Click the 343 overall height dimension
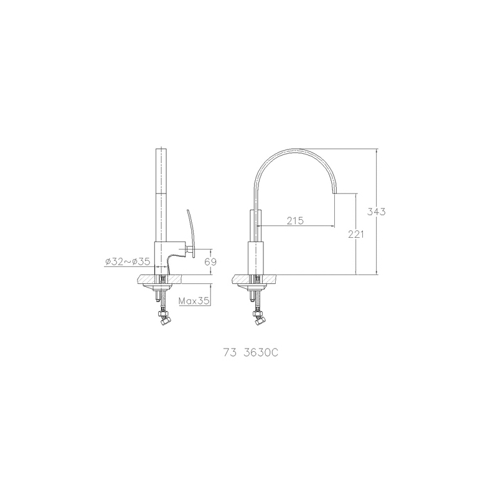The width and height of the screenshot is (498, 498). (377, 211)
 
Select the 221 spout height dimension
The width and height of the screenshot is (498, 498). (356, 234)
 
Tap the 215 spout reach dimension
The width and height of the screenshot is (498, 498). (295, 220)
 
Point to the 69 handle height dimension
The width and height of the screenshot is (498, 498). (210, 261)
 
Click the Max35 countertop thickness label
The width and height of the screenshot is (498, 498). (194, 301)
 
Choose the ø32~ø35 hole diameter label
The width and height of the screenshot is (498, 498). (127, 261)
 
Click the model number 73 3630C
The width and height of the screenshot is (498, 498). (251, 353)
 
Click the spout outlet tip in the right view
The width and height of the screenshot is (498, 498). (334, 193)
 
